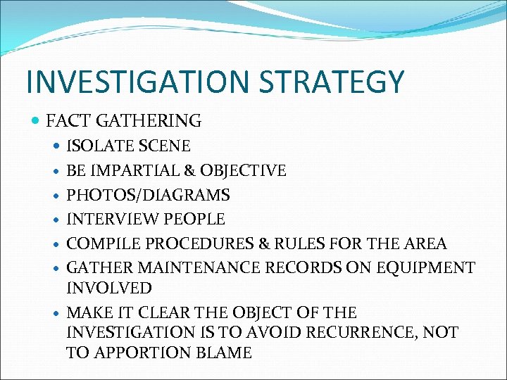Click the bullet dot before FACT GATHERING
[37, 122]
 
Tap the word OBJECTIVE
[244, 171]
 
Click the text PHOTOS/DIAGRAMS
[148, 195]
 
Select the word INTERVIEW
[108, 220]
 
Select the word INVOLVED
[108, 288]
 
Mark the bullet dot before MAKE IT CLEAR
[57, 312]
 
